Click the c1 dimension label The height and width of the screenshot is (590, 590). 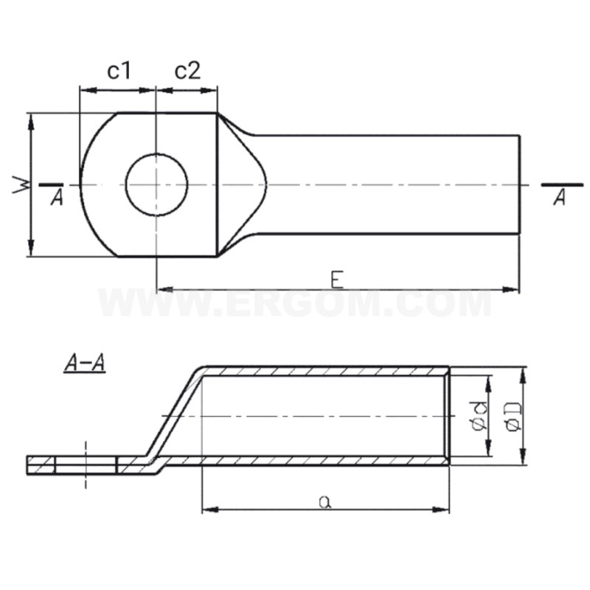tap(118, 71)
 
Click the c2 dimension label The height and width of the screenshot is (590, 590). tap(187, 71)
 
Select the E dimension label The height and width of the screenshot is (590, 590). tap(336, 279)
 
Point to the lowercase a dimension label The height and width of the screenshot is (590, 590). tap(324, 501)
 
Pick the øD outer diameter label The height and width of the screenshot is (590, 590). tap(514, 417)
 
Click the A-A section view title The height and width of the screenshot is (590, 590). tap(84, 363)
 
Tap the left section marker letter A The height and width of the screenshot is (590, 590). tap(57, 197)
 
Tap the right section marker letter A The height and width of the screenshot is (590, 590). tap(560, 197)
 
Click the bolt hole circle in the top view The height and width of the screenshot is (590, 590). tap(156, 184)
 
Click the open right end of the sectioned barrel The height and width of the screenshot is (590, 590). tap(447, 417)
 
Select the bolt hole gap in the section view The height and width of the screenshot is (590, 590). tap(86, 465)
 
